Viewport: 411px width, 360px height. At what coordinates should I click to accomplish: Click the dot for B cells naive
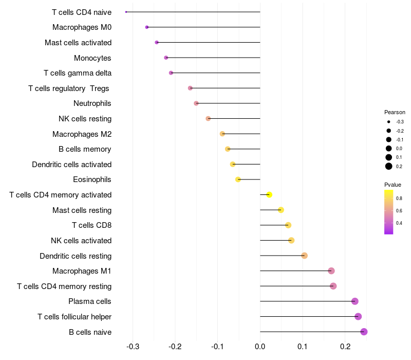click(364, 332)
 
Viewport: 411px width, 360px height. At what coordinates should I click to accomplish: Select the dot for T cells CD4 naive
click(126, 12)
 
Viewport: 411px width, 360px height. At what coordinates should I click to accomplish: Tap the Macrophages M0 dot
click(147, 27)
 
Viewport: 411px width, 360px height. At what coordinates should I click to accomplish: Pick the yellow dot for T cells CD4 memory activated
click(269, 195)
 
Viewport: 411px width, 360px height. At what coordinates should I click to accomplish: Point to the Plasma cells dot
click(354, 301)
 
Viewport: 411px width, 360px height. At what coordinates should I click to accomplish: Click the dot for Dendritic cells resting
click(304, 256)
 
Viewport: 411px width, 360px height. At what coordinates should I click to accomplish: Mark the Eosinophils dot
click(238, 179)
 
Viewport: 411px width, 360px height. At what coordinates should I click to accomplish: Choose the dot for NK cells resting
click(208, 119)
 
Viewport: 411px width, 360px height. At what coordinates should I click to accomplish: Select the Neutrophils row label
click(92, 103)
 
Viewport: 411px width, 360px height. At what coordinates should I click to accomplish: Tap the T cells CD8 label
click(91, 225)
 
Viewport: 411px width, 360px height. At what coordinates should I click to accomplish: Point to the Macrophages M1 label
click(82, 271)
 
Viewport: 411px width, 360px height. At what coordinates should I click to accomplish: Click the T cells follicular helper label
click(74, 317)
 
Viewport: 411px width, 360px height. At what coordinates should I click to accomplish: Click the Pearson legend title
click(395, 112)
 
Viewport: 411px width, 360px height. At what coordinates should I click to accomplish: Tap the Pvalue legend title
click(393, 185)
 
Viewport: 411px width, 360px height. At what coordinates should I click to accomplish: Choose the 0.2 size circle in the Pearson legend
click(389, 166)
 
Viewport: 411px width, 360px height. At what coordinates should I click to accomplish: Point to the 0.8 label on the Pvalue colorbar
click(399, 198)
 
